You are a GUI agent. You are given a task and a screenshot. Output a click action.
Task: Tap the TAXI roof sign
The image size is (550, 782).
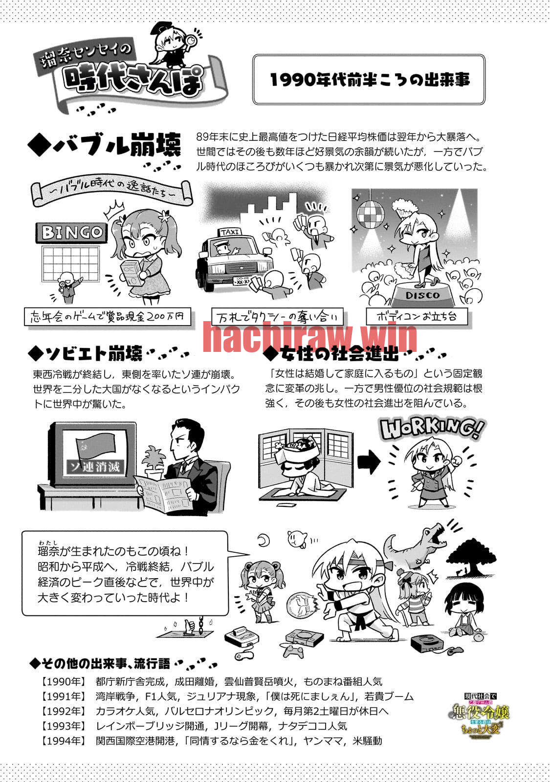point(230,232)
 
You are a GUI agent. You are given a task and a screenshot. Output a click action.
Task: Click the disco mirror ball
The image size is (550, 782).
point(371,213)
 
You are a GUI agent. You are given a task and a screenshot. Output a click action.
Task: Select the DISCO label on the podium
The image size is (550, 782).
point(423,295)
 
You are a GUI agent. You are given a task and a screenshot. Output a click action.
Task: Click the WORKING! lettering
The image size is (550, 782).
point(432,429)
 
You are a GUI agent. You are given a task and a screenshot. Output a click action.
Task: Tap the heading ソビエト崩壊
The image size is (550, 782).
point(86,353)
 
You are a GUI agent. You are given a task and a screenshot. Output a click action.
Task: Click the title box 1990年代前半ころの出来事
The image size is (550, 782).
point(369,80)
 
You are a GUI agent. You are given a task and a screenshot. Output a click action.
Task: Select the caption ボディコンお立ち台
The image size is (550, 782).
point(417,317)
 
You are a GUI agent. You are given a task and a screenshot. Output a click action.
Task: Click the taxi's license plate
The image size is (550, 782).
point(242,281)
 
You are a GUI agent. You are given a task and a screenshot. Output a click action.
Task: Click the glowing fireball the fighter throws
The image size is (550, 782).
point(303,607)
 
